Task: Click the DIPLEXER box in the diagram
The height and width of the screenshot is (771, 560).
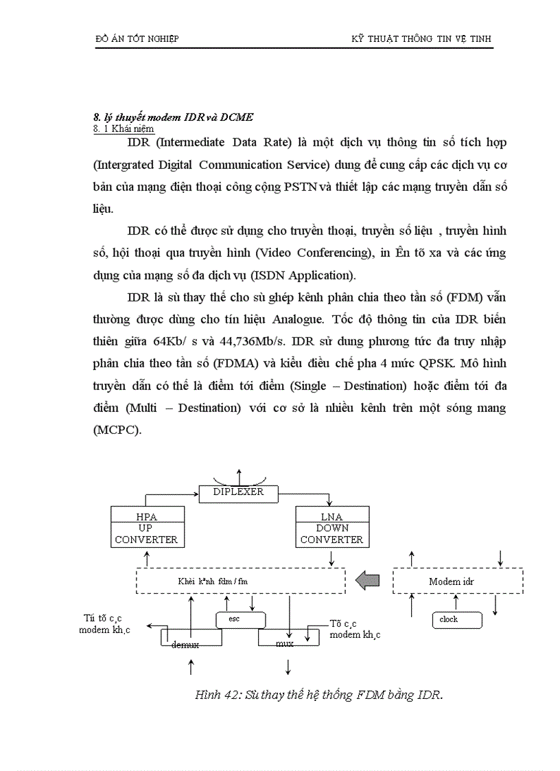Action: (238, 492)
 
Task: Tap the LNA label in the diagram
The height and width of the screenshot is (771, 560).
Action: (331, 516)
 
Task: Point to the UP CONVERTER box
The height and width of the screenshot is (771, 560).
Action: (147, 534)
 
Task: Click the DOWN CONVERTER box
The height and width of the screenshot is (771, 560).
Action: (331, 534)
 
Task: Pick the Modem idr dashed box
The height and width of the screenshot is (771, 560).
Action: (458, 581)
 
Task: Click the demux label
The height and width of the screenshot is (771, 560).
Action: (185, 644)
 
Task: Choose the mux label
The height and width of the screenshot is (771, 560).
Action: (285, 643)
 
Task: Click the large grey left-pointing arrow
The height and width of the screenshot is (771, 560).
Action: (371, 581)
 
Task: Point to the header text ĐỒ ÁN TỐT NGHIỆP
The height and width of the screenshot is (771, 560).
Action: (137, 39)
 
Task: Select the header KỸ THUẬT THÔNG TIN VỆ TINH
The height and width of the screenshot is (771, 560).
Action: (421, 39)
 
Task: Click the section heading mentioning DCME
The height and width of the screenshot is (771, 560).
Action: (173, 117)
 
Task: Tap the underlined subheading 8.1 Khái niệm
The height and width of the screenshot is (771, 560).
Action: (124, 128)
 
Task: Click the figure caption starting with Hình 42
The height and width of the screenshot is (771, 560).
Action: (319, 694)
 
